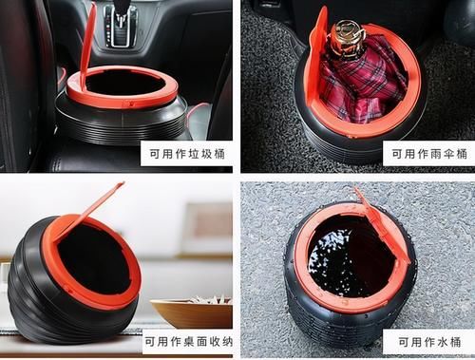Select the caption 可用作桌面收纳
point(186,339)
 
